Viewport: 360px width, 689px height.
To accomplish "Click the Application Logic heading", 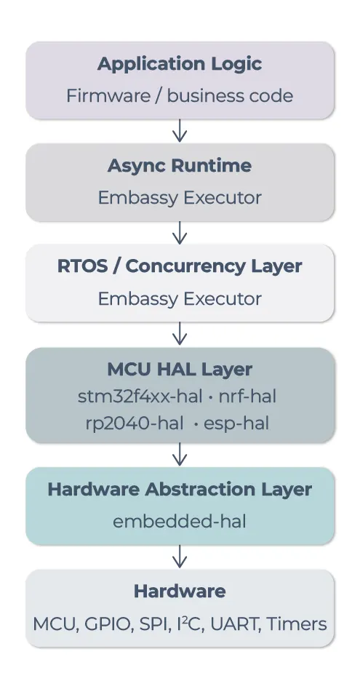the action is [180, 64].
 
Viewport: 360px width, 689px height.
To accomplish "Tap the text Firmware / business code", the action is [180, 96].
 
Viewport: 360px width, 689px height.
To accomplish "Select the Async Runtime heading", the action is [180, 166].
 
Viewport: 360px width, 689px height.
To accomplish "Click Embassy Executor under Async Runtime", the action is [180, 198].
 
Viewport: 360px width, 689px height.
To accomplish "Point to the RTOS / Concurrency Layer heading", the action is [180, 266].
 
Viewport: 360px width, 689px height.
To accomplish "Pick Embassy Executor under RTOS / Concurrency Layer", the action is [180, 299].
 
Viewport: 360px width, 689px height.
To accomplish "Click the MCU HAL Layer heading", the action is [180, 370].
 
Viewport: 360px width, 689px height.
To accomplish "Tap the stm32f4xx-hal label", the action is [140, 397].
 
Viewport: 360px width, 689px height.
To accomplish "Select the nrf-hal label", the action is [247, 397].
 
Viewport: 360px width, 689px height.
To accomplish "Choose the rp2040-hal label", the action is [135, 423].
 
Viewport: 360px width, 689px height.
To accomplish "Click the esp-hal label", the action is [236, 423].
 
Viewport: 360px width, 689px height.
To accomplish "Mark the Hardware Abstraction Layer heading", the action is [180, 490].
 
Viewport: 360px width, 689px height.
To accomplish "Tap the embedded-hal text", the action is [180, 522].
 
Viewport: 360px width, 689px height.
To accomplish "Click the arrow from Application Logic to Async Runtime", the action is [180, 131].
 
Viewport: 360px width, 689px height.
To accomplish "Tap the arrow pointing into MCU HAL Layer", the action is [180, 334].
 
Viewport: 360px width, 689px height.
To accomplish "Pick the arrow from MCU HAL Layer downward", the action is [180, 454].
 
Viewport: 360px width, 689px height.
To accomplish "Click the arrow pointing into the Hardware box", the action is [180, 557].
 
